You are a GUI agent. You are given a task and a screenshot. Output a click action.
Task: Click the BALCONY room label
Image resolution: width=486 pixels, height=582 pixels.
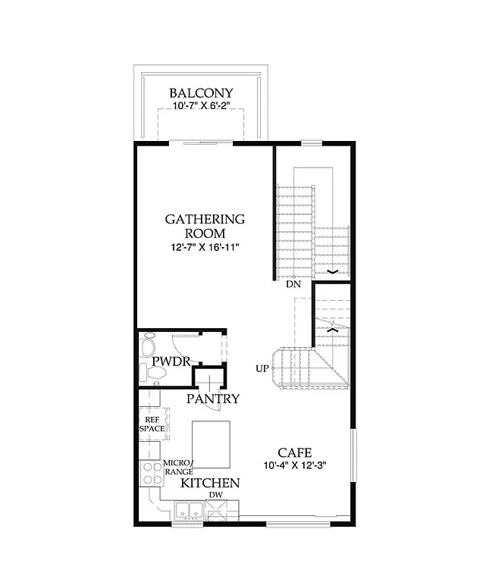(201, 94)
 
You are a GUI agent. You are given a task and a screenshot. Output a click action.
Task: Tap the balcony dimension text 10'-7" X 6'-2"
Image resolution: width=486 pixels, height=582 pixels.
(201, 108)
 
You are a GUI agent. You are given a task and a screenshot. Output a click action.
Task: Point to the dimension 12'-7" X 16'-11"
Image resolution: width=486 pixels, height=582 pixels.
(205, 247)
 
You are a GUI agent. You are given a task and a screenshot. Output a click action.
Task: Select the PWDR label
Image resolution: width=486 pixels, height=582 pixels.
(171, 361)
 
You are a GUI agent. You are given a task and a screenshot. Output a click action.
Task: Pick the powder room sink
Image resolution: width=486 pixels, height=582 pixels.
(143, 372)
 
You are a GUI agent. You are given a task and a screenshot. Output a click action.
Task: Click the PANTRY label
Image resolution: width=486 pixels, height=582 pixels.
(214, 399)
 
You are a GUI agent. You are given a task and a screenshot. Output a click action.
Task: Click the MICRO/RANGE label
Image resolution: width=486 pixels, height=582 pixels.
(179, 468)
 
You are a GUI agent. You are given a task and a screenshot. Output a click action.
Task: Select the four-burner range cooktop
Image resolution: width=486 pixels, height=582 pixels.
(151, 474)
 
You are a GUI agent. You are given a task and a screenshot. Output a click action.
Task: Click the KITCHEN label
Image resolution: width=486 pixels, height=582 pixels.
(210, 483)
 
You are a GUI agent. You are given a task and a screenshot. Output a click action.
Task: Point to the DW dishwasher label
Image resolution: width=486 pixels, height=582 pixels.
(216, 496)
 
